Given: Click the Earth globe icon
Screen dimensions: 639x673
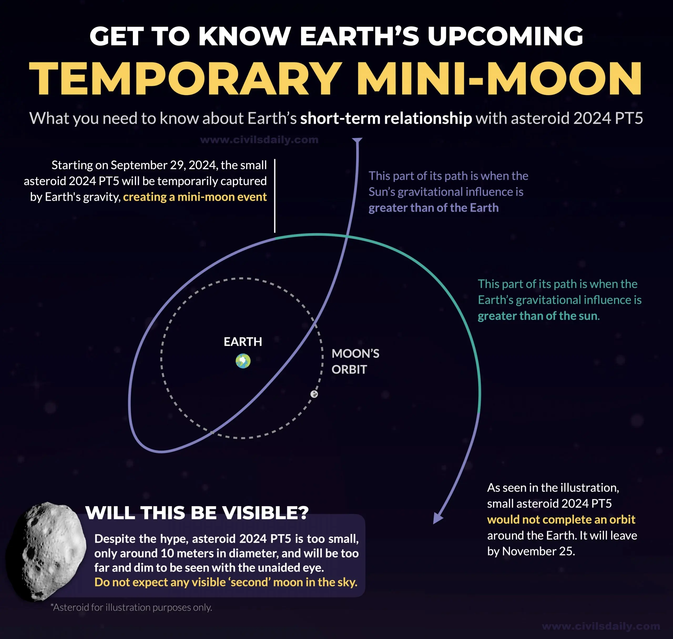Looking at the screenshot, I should tap(243, 361).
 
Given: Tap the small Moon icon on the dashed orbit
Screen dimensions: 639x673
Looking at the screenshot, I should tap(314, 394).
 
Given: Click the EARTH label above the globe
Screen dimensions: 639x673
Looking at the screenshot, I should tap(243, 342).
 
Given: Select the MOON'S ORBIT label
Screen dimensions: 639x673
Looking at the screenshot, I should tap(355, 361).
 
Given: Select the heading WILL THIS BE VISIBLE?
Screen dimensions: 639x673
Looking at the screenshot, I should tap(197, 513).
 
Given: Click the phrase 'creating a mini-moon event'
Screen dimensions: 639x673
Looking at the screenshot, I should tap(195, 197).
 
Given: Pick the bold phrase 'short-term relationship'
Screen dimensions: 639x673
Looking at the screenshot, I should tap(386, 118).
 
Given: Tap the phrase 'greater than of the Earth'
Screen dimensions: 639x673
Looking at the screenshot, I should tap(433, 208).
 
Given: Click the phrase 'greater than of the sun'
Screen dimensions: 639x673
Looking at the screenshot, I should tap(537, 316).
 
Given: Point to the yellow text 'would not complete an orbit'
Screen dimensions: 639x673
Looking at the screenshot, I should tap(561, 519).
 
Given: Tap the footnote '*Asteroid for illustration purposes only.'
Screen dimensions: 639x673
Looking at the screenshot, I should tap(131, 607).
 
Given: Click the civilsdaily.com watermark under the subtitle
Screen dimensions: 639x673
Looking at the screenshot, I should tap(259, 140).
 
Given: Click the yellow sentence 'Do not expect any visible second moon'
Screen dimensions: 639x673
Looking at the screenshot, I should tap(226, 582).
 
